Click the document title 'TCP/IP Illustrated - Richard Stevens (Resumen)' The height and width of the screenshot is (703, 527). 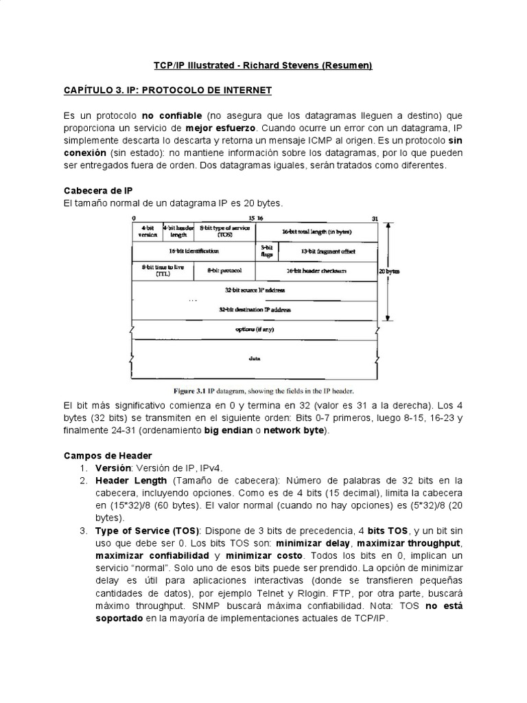point(262,65)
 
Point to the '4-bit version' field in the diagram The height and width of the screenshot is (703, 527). point(147,231)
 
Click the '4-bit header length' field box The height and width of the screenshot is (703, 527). point(178,231)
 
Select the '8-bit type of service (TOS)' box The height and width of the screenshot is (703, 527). point(225,231)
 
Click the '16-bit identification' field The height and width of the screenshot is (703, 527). point(194,251)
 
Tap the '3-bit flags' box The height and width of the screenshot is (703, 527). point(267,251)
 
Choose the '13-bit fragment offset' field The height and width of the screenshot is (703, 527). point(327,251)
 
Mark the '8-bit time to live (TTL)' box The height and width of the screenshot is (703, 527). point(163,270)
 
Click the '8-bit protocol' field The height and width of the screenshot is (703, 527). point(225,270)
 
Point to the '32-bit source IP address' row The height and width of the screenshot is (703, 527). point(255,290)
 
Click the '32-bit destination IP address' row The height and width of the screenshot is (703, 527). point(255,310)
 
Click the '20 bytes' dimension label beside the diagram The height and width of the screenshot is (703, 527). point(389,270)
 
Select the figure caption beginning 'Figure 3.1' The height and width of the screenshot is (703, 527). point(255,391)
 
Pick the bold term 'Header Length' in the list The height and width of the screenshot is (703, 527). point(130,480)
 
